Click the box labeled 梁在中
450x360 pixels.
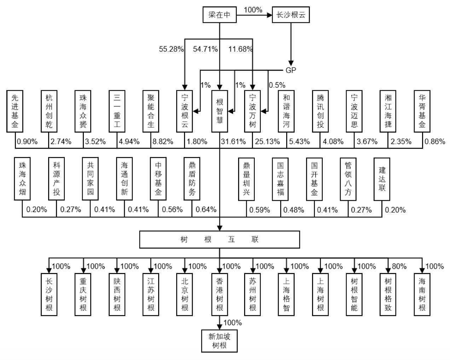coord(220,15)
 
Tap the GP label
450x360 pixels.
coord(291,70)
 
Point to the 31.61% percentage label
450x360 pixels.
coord(233,142)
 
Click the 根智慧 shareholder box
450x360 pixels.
coord(220,111)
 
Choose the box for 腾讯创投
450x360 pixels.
coord(320,111)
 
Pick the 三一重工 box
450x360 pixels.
coord(117,111)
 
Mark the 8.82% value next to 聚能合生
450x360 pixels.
coord(163,142)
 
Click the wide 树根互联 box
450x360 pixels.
coord(220,239)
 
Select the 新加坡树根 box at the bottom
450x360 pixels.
coord(219,341)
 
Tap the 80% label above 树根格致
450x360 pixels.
coord(399,266)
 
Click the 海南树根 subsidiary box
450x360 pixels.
coord(422,294)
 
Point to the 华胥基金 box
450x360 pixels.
coord(422,111)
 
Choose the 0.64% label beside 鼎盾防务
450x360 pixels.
coord(206,209)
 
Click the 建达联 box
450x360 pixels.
coord(382,179)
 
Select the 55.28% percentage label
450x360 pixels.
coord(171,49)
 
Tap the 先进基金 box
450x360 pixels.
coord(15,111)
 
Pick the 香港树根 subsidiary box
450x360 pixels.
coord(220,294)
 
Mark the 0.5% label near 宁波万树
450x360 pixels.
coord(277,85)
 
